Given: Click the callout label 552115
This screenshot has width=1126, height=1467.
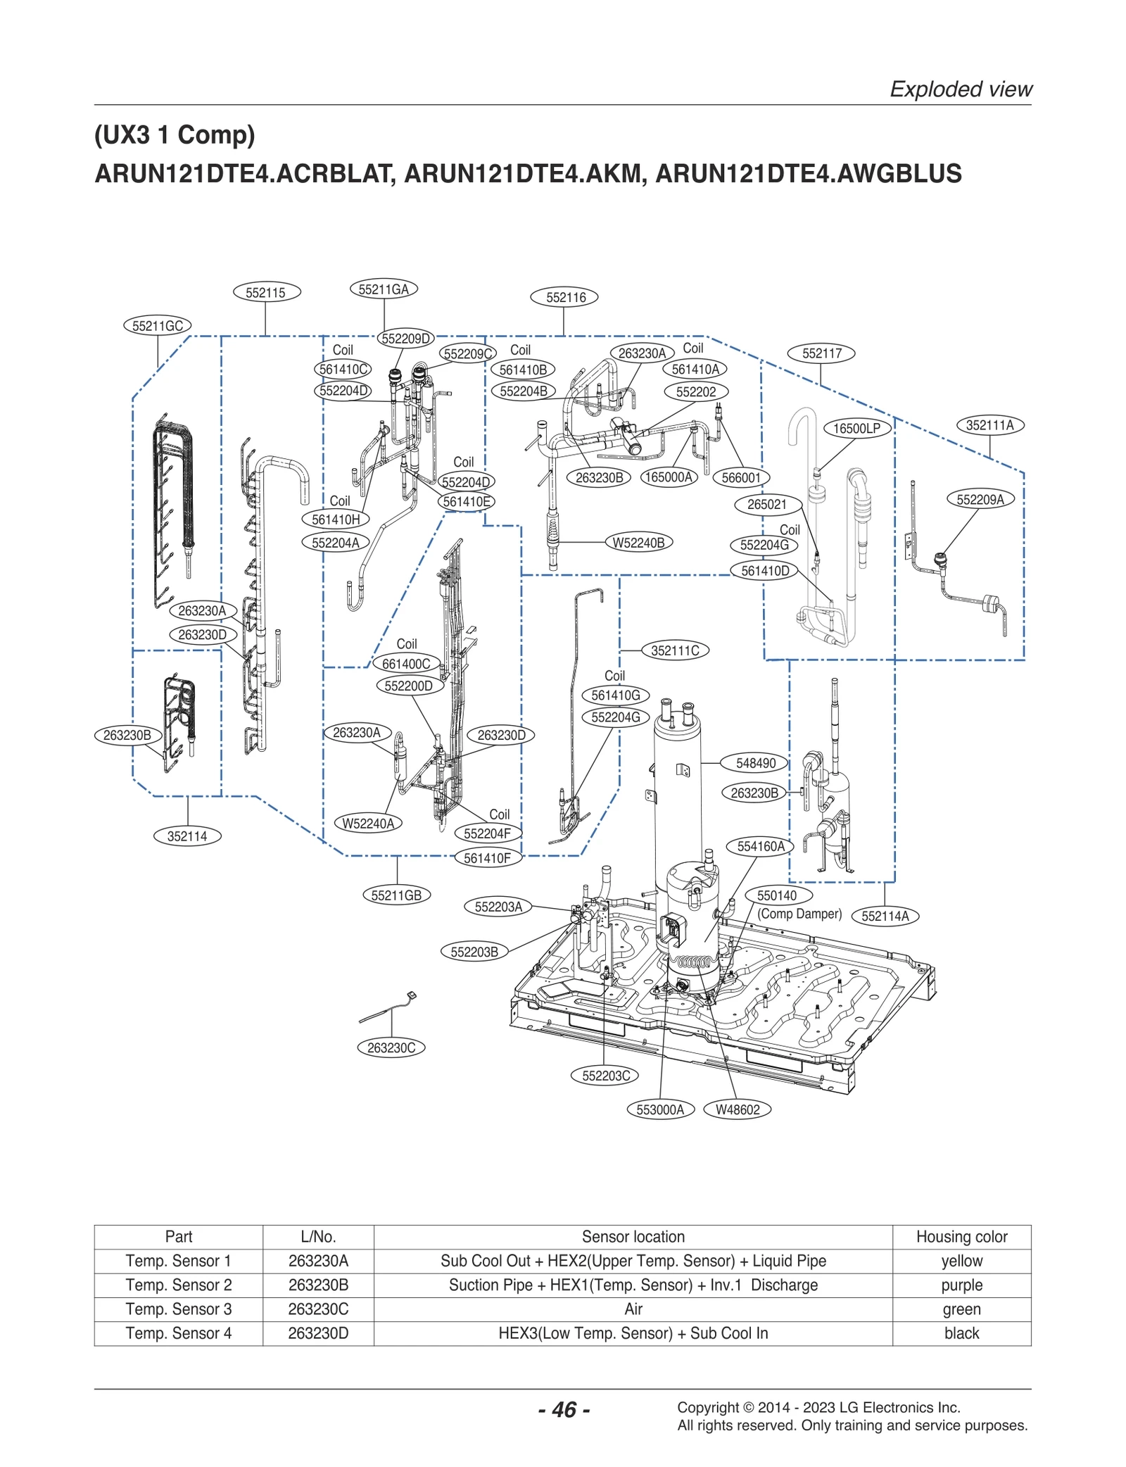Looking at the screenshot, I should coord(265,293).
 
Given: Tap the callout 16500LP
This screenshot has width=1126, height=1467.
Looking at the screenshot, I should coord(856,428).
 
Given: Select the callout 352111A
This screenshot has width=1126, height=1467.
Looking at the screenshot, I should coord(989,425).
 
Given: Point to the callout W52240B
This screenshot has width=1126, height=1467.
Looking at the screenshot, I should coord(638,543).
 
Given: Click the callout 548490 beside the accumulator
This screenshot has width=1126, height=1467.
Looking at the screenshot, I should coord(756,763).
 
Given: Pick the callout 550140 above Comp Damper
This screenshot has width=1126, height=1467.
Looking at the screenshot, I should coord(777,895).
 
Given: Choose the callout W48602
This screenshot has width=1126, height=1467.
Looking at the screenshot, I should coord(738,1110).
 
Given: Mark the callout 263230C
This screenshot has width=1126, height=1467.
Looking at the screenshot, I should coord(391,1048).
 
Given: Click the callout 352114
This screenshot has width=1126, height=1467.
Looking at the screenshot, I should coord(187,836).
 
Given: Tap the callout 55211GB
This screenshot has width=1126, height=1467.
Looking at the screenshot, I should coord(396,895).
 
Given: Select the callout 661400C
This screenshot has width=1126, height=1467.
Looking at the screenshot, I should coord(406,664).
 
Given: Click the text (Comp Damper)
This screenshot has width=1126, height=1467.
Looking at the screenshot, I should coord(799,914).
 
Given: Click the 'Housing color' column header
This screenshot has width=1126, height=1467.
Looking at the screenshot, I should coord(961,1237).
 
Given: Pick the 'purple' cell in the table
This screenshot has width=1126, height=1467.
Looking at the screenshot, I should coord(961,1285).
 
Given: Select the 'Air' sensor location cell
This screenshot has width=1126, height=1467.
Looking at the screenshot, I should coord(633,1309).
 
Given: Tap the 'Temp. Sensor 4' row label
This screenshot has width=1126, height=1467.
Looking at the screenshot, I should coord(179,1333).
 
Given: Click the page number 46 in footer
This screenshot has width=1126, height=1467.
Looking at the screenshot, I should coord(564,1410).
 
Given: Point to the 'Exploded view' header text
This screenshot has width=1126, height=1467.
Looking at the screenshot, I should coord(961,89).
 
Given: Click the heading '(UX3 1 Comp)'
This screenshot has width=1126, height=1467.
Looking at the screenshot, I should coord(175,134).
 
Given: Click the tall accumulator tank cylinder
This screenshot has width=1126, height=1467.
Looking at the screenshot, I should coord(677,795).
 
